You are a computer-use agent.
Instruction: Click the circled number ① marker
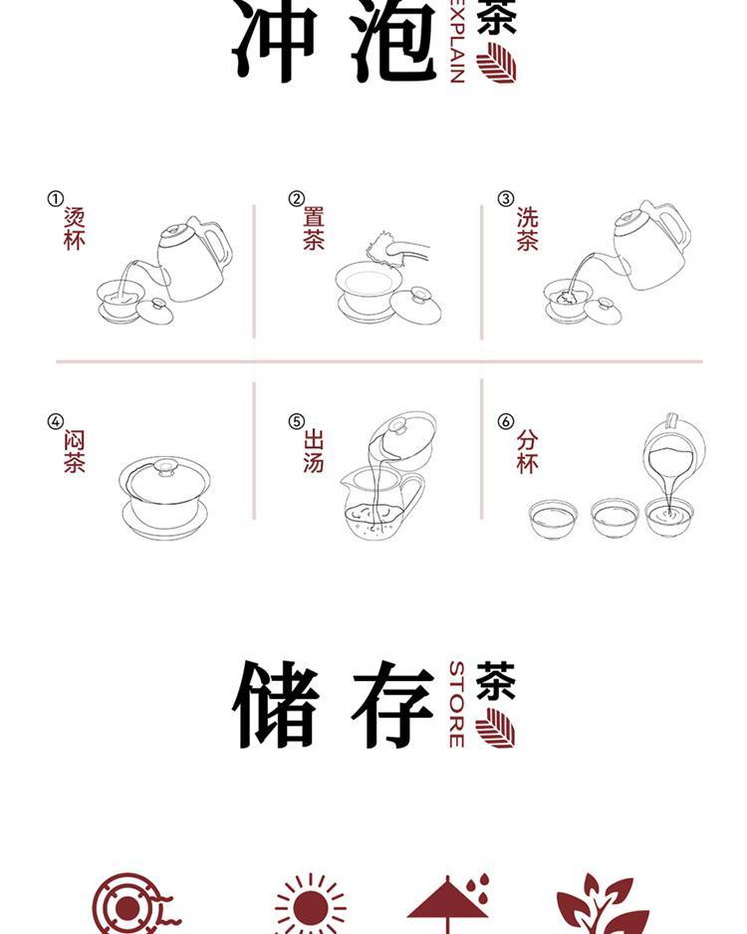click(x=56, y=198)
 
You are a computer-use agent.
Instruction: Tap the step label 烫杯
click(x=75, y=229)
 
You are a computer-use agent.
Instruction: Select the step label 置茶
click(x=314, y=229)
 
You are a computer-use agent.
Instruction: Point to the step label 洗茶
click(x=527, y=229)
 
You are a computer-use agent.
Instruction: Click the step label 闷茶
click(x=75, y=451)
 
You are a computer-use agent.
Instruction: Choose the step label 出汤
click(x=314, y=451)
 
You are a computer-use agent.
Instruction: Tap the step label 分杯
click(x=527, y=451)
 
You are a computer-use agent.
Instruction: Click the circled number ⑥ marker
click(x=506, y=421)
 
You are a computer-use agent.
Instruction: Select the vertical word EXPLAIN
click(x=457, y=42)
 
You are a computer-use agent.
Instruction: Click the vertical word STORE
click(x=457, y=704)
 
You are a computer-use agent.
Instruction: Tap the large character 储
click(x=276, y=704)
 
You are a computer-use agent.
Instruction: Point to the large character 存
click(x=393, y=704)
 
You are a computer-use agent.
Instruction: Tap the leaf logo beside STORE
click(x=496, y=727)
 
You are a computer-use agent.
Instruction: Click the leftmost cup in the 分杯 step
click(x=554, y=518)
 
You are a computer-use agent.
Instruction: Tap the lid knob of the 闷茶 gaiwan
click(x=165, y=466)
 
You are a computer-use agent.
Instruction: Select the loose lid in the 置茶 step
click(x=415, y=305)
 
